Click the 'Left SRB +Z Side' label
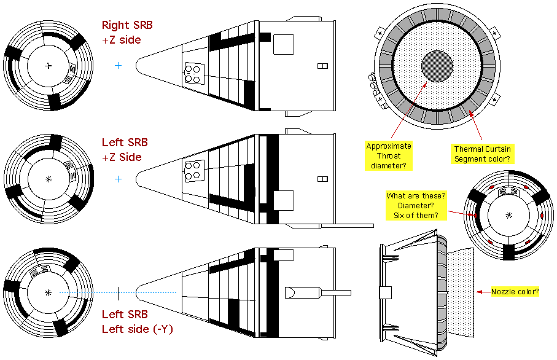point(125,150)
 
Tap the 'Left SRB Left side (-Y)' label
point(137,322)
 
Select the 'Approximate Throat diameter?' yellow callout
point(389,155)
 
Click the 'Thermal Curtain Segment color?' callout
point(482,154)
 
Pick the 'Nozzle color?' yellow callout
point(515,292)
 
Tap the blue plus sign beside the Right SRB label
point(118,65)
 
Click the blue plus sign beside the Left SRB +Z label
point(119,179)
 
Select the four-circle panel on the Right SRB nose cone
point(195,73)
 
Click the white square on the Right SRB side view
point(284,44)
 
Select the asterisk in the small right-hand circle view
point(508,215)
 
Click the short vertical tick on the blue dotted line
point(117,293)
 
